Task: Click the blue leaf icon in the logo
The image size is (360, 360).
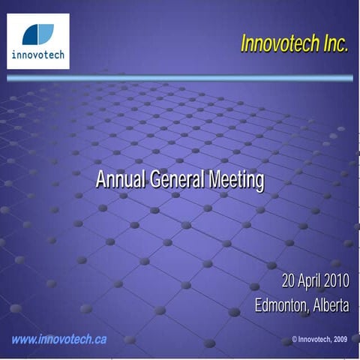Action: (x=37, y=34)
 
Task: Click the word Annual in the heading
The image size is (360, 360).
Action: (x=121, y=180)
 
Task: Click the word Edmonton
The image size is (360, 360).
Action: (x=280, y=306)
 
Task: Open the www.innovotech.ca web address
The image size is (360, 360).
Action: (x=58, y=339)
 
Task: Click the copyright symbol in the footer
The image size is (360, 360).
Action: (x=295, y=340)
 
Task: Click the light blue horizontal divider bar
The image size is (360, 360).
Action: (x=180, y=77)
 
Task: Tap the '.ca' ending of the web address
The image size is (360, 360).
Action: (x=99, y=339)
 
